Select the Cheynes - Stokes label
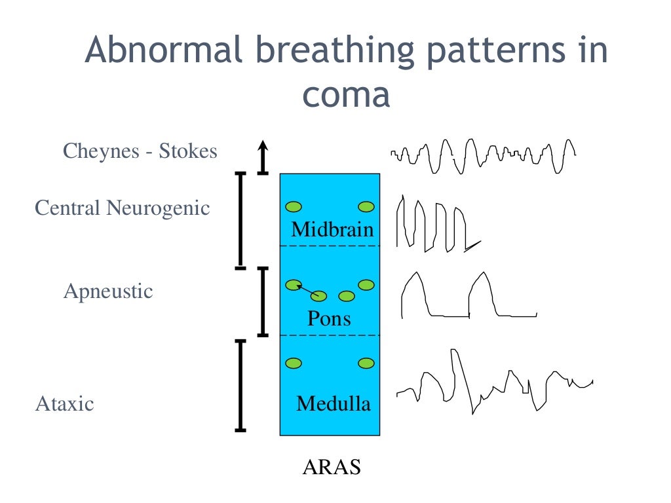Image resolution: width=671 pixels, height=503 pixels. [x=140, y=151]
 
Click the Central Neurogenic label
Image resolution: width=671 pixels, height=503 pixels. [x=123, y=208]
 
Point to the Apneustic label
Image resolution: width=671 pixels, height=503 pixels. [x=108, y=291]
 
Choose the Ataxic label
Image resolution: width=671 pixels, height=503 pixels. [x=64, y=403]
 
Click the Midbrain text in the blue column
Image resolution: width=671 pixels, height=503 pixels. [x=332, y=230]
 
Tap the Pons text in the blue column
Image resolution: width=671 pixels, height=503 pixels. [x=329, y=318]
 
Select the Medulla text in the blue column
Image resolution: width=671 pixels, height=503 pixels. [x=333, y=403]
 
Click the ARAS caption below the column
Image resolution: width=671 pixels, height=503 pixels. [x=332, y=468]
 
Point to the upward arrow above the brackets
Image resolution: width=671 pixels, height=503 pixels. [x=263, y=157]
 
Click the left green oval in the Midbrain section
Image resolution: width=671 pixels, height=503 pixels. [x=294, y=207]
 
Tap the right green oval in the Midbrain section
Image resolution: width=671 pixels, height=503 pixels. [x=366, y=207]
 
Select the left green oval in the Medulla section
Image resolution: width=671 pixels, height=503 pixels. [x=294, y=363]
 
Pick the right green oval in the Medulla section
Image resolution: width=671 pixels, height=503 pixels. [x=366, y=363]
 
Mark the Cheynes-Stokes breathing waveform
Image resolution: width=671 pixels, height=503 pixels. [x=484, y=156]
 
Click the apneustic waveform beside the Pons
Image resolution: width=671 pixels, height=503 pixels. [x=469, y=296]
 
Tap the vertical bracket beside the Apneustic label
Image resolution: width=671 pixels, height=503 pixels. [x=263, y=301]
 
